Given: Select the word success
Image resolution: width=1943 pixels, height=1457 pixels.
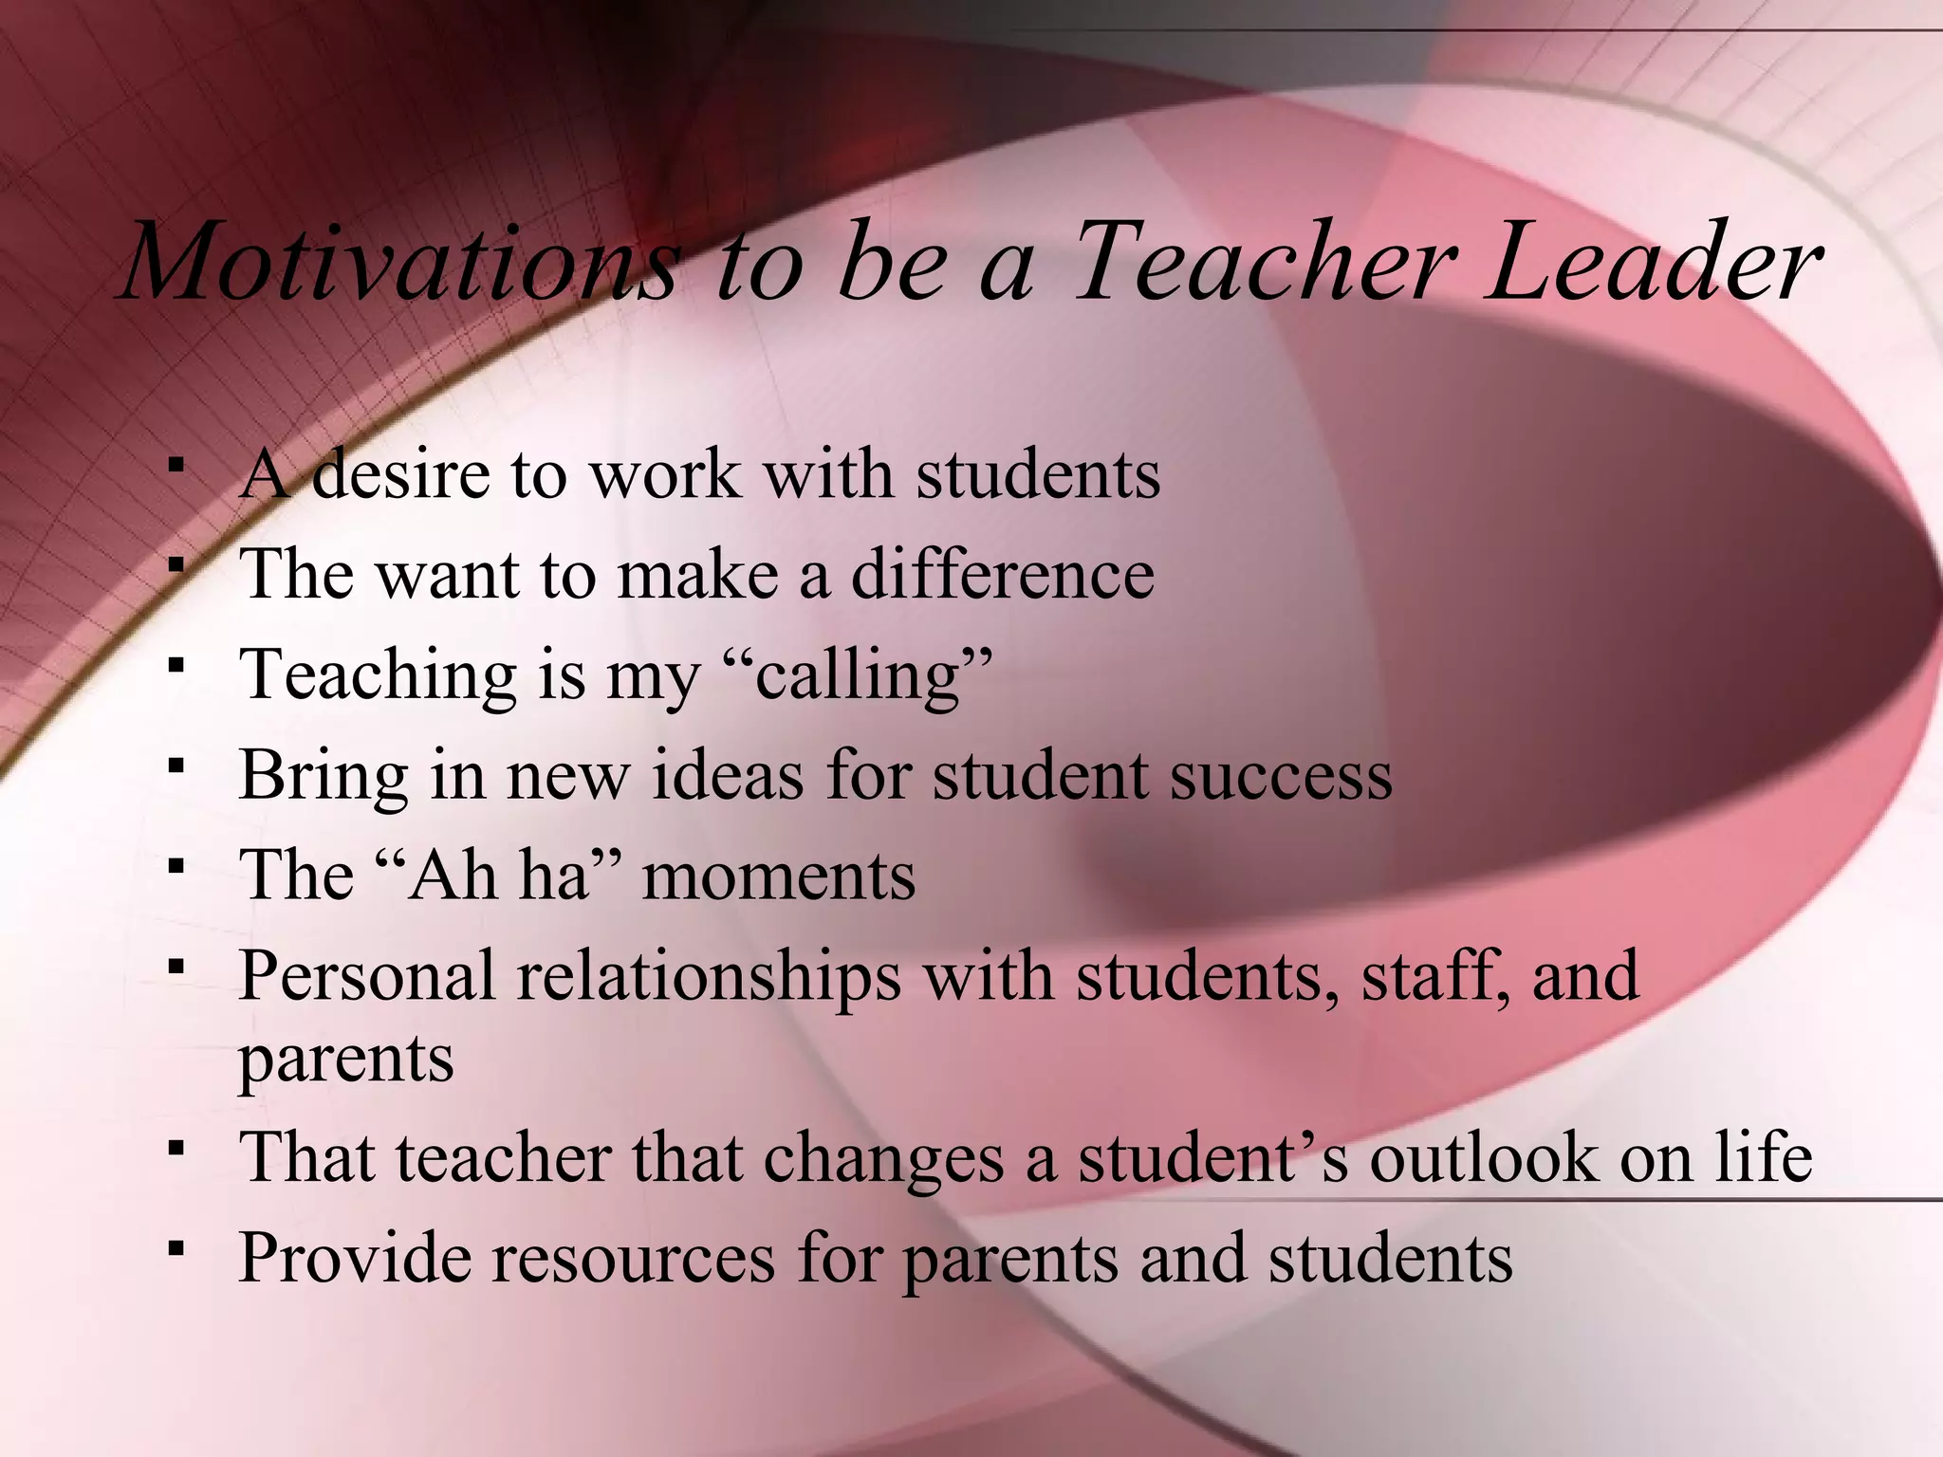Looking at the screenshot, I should click(1281, 776).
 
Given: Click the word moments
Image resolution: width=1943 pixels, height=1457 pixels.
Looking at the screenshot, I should click(779, 876).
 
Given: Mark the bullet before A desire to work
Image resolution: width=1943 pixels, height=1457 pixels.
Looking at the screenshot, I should click(175, 465).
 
